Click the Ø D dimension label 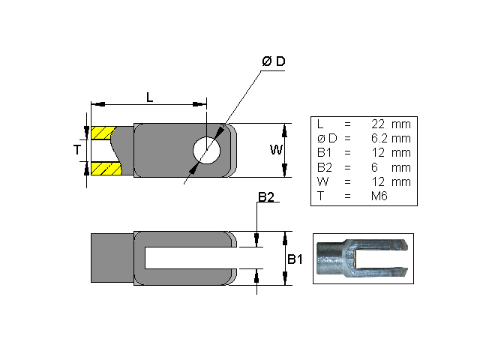pos(273,61)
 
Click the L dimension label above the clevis pos(149,97)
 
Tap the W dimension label pos(277,150)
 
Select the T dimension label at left pos(76,150)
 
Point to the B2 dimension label pos(265,197)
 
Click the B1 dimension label pos(295,259)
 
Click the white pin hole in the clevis pos(206,150)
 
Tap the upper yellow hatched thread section pos(102,133)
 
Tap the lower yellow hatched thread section pos(102,168)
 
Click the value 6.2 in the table pos(379,138)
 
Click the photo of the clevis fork pos(364,258)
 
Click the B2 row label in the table pos(323,167)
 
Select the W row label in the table pos(321,181)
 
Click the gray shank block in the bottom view pos(111,258)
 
